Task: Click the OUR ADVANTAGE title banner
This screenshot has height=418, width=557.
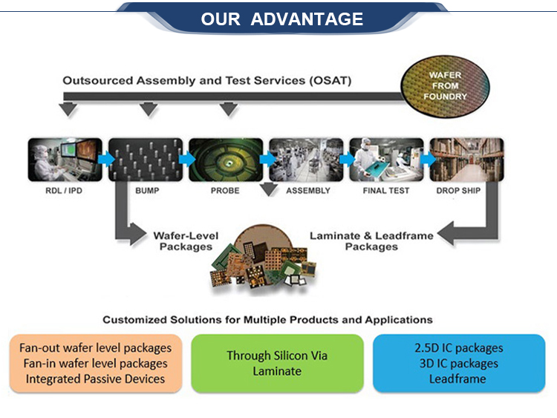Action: coord(282,19)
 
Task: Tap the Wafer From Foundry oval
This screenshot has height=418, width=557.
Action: coord(445,86)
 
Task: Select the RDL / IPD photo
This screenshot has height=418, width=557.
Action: coord(65,160)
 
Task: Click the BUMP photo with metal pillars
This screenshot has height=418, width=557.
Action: coord(146,160)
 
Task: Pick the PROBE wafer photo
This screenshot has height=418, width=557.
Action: coord(226,160)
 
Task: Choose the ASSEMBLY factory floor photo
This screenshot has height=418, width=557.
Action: coord(306,160)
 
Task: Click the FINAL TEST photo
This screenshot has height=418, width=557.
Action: coord(386,160)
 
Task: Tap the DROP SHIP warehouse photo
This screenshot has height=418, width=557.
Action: coord(467,160)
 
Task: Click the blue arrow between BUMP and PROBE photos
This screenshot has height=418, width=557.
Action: coord(186,159)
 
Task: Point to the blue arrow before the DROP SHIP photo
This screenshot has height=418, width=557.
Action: coord(428,159)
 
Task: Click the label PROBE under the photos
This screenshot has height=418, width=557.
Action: coord(225,191)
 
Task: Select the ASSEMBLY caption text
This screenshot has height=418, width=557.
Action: coord(308,191)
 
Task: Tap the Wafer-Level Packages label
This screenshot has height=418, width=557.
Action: coord(186,241)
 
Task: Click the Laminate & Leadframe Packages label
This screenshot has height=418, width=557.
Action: coord(371,241)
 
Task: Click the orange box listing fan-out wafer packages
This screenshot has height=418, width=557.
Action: coord(96,363)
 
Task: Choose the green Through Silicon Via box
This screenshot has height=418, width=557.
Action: coord(277,363)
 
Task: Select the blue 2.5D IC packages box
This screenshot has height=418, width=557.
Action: coord(459,363)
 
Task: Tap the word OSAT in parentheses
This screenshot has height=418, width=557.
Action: coord(330,81)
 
